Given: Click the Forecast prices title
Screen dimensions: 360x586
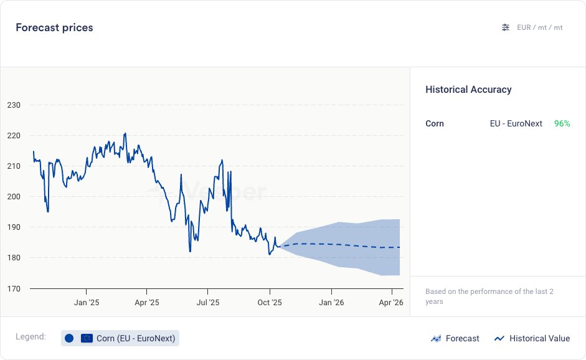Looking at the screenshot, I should (x=54, y=27).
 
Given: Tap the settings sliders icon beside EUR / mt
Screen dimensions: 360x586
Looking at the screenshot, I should (x=506, y=27).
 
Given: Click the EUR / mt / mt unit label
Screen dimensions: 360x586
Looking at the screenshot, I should (x=540, y=27).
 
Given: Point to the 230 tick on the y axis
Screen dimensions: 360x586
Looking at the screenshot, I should (x=14, y=105).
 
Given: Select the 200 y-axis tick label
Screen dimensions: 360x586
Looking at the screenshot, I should (x=14, y=197).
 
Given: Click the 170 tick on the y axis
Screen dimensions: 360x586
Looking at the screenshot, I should (x=14, y=288).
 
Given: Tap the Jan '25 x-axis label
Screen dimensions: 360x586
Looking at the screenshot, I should (x=86, y=303).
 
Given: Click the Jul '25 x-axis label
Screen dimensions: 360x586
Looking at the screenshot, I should (x=208, y=303).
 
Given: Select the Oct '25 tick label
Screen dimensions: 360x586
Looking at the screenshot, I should (x=269, y=303).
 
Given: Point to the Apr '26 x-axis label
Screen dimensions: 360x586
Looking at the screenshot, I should (x=390, y=303).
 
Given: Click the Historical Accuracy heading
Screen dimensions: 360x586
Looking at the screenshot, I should (x=468, y=90).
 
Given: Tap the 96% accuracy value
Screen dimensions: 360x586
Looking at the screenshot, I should (x=562, y=123).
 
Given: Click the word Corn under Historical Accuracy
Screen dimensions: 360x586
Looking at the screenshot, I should (x=435, y=123).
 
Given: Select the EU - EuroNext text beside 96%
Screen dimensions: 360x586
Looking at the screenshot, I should (x=516, y=123).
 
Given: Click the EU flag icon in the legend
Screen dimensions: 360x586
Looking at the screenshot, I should (x=87, y=338).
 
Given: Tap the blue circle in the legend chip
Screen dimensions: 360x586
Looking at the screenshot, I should (x=69, y=338).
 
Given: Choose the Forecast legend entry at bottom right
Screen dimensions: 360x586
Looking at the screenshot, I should (x=455, y=338).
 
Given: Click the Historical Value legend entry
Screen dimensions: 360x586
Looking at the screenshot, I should (x=532, y=338).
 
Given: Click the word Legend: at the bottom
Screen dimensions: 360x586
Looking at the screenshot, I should (x=31, y=337).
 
